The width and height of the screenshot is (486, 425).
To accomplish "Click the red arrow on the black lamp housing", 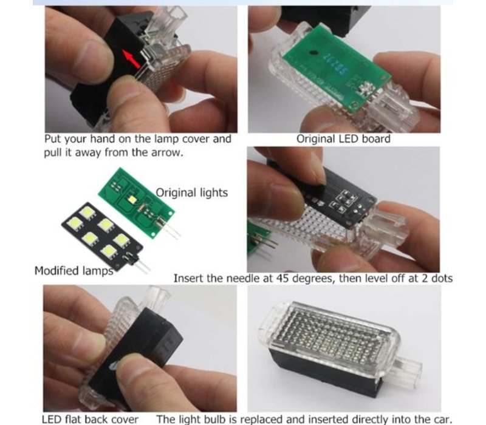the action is (131, 59).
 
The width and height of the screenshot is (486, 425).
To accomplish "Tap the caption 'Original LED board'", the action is (343, 139).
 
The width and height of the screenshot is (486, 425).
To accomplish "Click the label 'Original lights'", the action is (191, 192).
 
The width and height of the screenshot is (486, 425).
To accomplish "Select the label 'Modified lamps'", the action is (74, 271).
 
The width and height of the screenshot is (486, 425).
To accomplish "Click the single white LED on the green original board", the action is (132, 199).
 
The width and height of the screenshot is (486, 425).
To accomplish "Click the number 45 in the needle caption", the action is (282, 278).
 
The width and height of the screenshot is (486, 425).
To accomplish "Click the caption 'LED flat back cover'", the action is (90, 420).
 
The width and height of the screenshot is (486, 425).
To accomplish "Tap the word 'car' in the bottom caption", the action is (443, 420).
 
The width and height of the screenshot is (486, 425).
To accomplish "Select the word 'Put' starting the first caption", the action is (53, 139).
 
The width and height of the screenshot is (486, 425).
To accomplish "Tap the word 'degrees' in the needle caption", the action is (313, 279).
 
